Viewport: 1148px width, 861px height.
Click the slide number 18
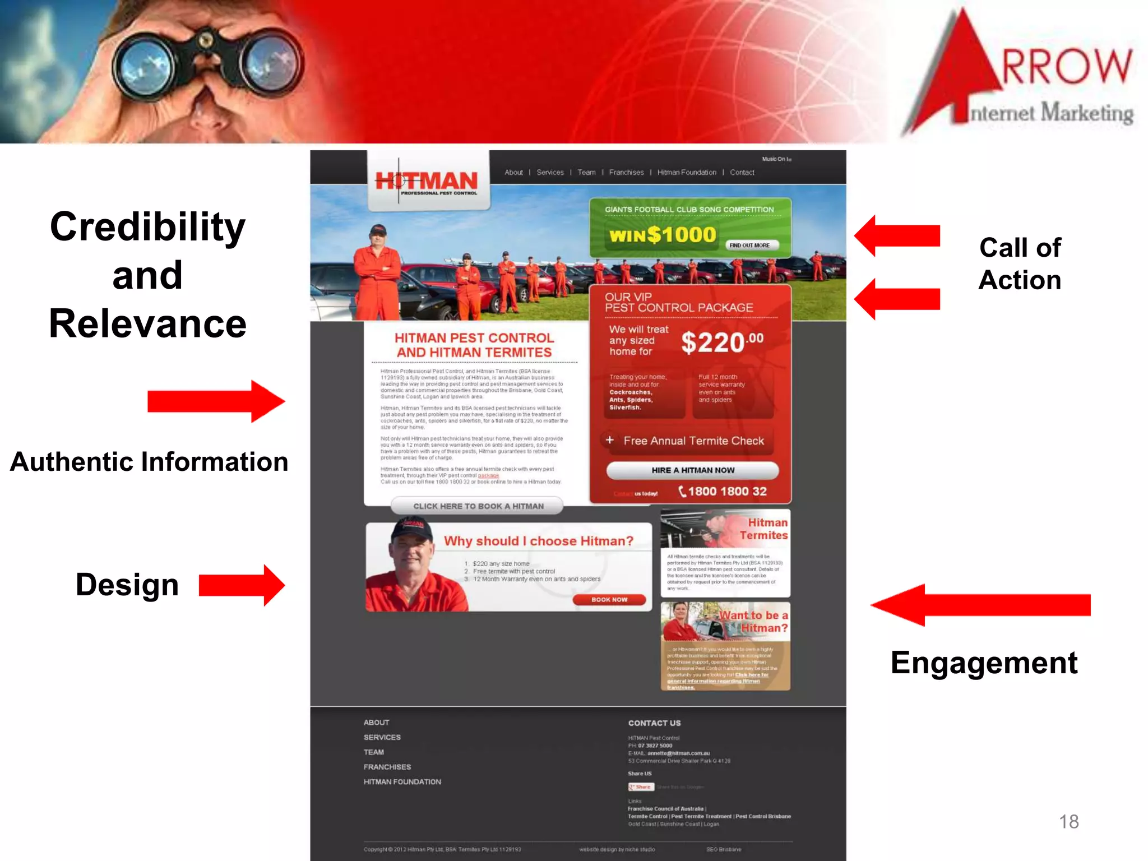coord(1068,821)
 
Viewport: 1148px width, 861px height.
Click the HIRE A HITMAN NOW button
coord(692,470)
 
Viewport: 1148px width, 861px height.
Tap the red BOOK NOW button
coord(609,600)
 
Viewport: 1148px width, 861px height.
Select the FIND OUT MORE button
coord(749,245)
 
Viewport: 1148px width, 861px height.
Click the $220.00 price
coord(721,342)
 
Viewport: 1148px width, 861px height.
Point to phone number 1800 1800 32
coord(726,492)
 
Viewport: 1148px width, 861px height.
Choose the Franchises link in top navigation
coord(626,172)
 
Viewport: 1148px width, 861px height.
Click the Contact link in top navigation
coord(742,172)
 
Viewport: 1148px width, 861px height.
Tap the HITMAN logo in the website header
coord(427,182)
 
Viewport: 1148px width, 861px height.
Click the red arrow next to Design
coord(242,585)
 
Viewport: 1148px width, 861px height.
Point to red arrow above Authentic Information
coord(216,401)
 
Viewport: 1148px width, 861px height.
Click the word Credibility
coord(147,227)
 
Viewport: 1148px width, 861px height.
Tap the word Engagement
coord(984,663)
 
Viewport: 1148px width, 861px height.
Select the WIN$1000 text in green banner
coord(663,235)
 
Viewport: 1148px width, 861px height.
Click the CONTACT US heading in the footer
coord(654,723)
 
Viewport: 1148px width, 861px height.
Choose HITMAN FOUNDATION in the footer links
coord(402,782)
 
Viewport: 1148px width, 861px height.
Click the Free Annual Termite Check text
coord(693,441)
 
